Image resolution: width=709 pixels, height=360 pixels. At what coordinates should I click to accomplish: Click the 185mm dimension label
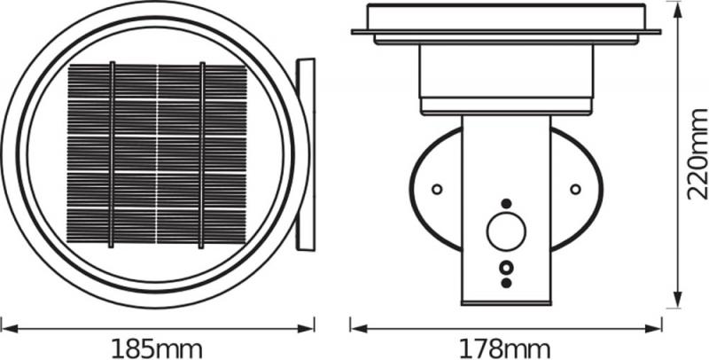tap(157, 348)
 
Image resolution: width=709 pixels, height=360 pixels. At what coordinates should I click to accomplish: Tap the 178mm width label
tap(505, 348)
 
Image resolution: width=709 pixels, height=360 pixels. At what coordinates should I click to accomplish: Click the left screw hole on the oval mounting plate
tap(437, 189)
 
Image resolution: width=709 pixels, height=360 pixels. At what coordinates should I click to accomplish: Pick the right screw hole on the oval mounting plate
tap(575, 189)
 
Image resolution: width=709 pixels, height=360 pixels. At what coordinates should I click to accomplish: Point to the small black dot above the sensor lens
tap(506, 203)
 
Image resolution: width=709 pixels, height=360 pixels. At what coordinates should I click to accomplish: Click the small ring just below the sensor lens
tap(506, 266)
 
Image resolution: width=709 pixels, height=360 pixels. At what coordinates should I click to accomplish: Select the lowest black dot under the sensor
tap(506, 283)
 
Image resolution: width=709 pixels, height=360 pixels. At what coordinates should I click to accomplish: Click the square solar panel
tap(157, 154)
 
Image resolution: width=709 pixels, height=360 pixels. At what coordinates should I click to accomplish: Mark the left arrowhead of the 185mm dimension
tap(5, 327)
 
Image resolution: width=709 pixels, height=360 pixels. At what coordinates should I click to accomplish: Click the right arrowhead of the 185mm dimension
tap(309, 327)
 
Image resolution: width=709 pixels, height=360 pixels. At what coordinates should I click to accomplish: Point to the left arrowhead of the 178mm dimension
tap(354, 327)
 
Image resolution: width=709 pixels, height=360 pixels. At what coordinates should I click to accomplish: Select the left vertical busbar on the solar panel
tap(112, 154)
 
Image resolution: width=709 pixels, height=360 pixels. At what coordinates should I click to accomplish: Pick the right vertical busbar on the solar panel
tap(202, 154)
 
